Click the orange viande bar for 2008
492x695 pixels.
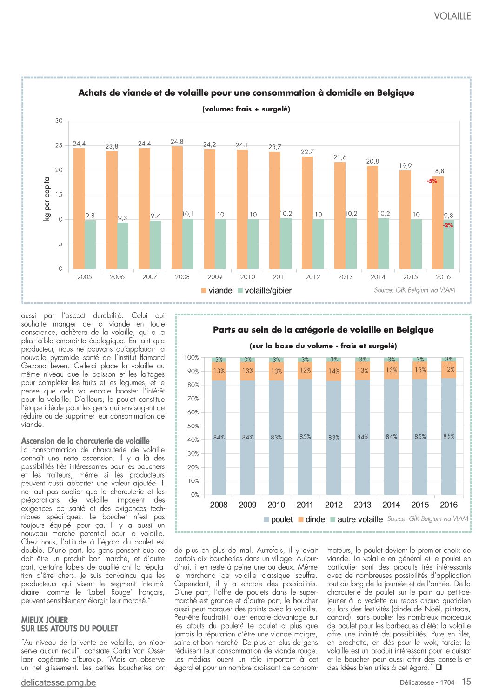[x=177, y=207]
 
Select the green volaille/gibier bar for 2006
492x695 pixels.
[x=123, y=245]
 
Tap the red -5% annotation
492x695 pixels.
[x=432, y=181]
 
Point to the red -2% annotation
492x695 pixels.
[x=448, y=225]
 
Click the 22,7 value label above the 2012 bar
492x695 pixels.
[x=307, y=152]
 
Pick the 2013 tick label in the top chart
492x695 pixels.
[x=345, y=277]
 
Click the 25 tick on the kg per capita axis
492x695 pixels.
[x=59, y=145]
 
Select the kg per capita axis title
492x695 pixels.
[x=47, y=199]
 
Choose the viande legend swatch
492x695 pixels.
[x=204, y=291]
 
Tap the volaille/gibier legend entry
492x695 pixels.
[x=265, y=291]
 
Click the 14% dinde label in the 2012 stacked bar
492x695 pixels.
[x=334, y=371]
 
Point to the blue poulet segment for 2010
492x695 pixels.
[x=276, y=437]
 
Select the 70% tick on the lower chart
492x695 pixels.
[x=193, y=399]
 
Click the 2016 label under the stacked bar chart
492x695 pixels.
[x=448, y=505]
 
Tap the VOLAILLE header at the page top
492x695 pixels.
[x=452, y=16]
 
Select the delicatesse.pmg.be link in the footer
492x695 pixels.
[x=59, y=682]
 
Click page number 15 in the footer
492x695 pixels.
[x=466, y=682]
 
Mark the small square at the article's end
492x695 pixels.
[x=439, y=667]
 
